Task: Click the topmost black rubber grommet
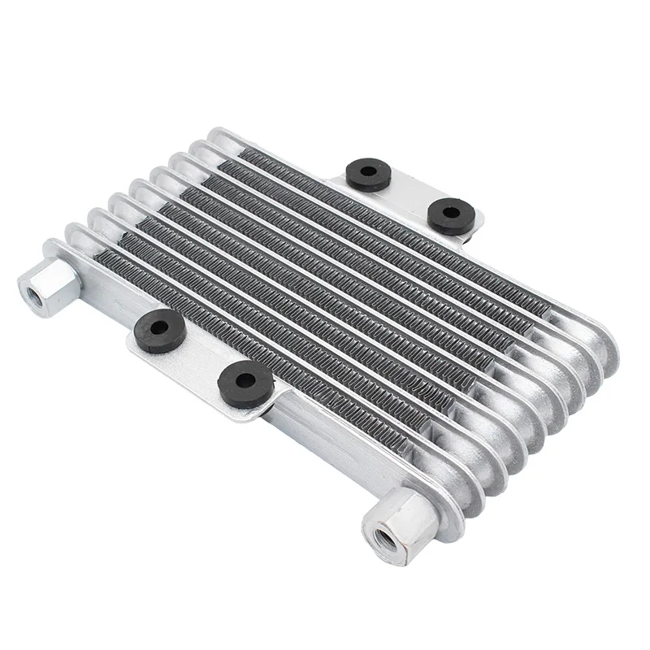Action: [x=366, y=174]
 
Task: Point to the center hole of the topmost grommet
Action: [x=366, y=172]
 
